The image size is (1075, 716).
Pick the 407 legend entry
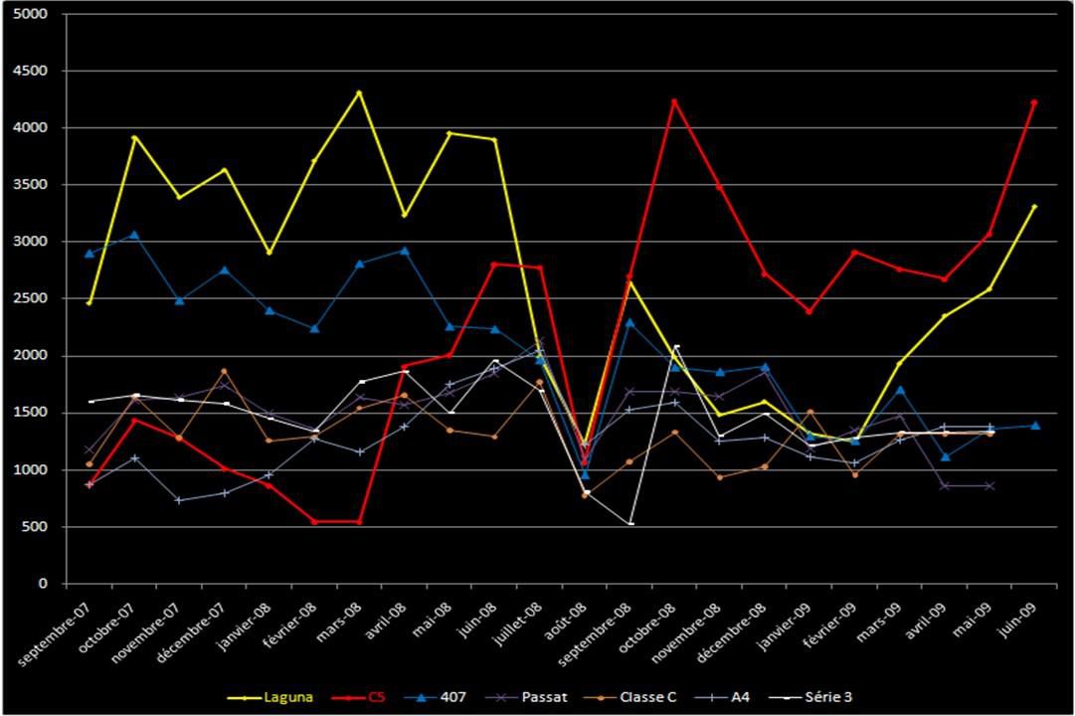click(x=442, y=697)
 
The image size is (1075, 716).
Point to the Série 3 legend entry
click(x=813, y=697)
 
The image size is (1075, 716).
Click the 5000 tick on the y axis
click(x=33, y=15)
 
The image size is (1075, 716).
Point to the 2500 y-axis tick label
click(x=33, y=299)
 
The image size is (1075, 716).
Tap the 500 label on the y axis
click(x=37, y=527)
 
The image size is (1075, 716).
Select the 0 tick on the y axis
click(x=44, y=584)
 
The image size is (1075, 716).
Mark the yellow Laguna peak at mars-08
click(x=359, y=92)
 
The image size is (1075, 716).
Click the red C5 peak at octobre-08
click(x=674, y=100)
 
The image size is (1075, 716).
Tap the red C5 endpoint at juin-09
click(x=1034, y=101)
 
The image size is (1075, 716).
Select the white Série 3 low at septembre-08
click(x=630, y=524)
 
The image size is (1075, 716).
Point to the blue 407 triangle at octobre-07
click(x=134, y=235)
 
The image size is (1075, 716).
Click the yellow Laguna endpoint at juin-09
click(x=1034, y=206)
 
